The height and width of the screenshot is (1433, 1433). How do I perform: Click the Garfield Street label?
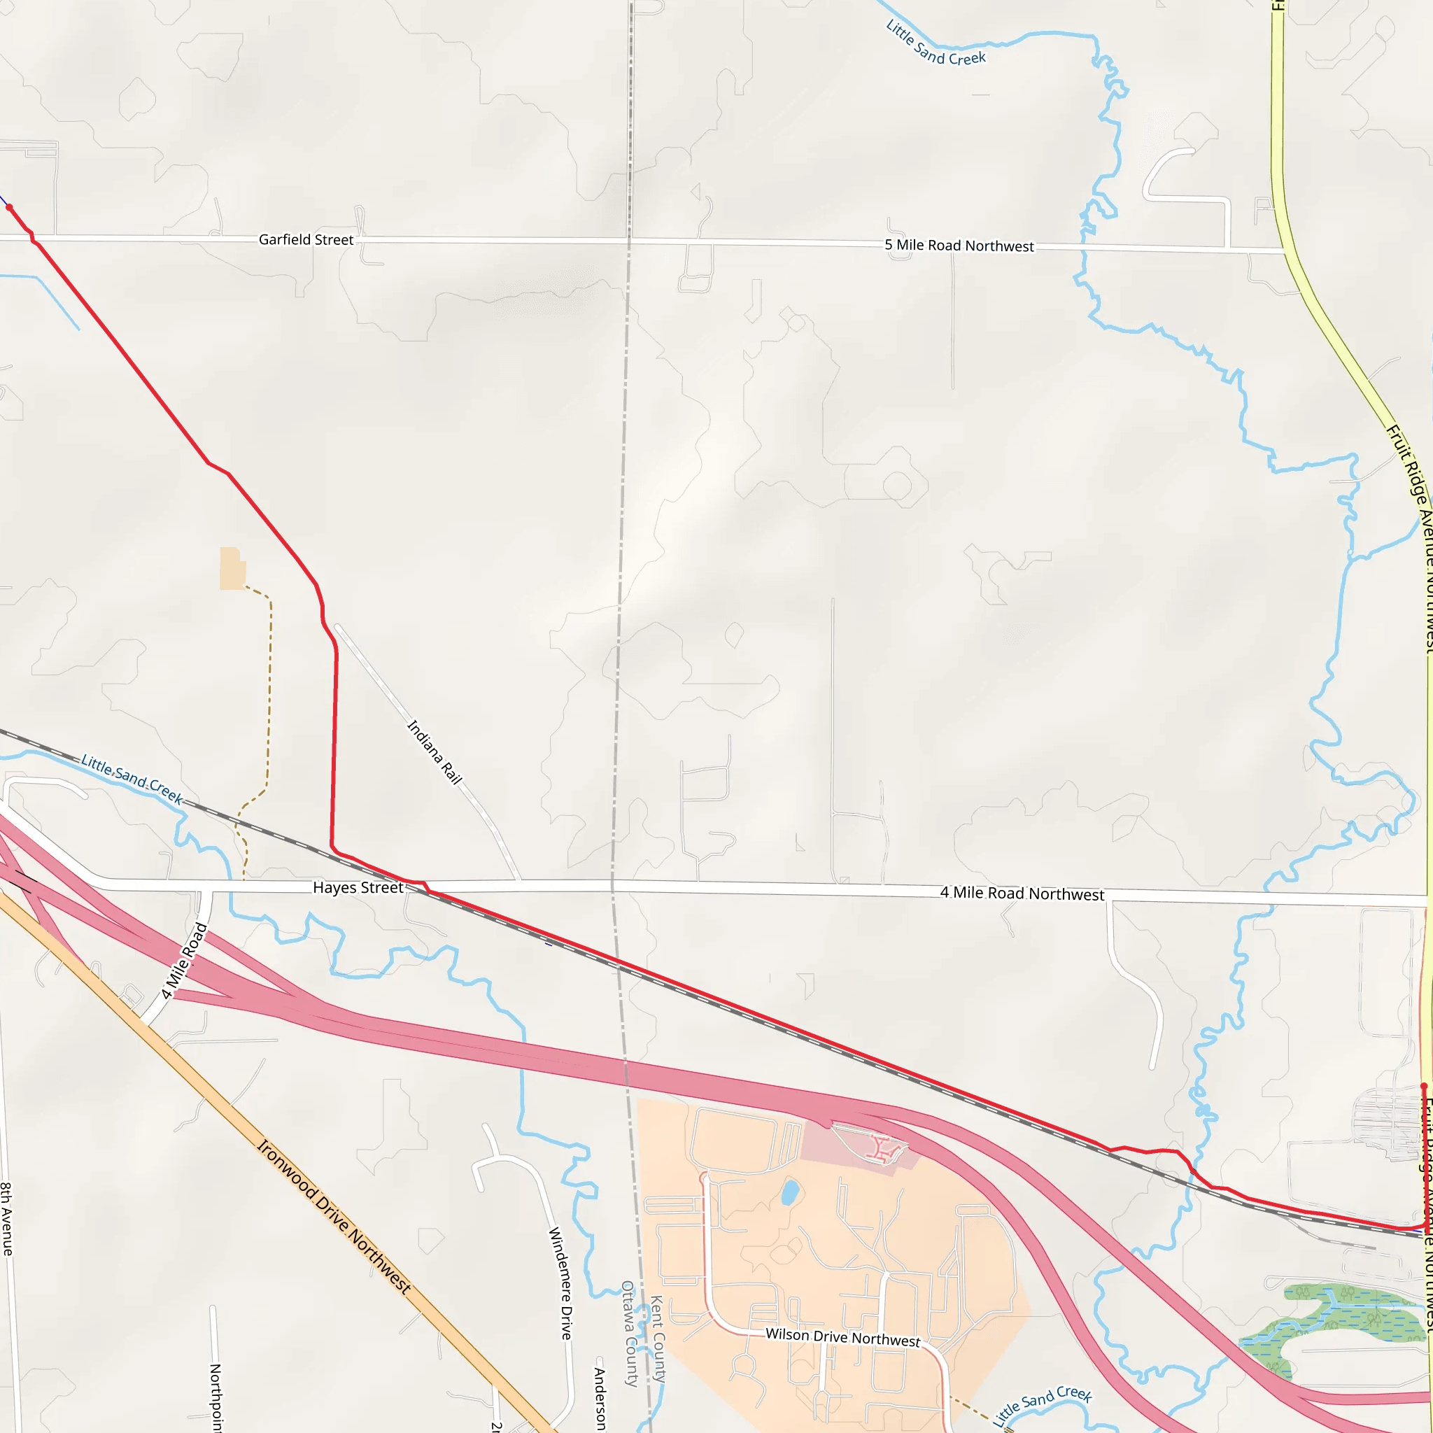[306, 239]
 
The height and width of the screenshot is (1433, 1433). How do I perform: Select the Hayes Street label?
[358, 887]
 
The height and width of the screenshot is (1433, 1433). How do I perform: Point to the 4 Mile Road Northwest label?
[1022, 894]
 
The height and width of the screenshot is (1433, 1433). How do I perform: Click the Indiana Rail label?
[435, 752]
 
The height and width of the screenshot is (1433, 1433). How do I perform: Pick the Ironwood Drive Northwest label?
[334, 1216]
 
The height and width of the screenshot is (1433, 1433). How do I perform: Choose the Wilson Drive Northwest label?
[842, 1336]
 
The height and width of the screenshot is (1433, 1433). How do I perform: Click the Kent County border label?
[657, 1339]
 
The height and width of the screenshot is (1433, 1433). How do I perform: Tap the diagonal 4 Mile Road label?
[184, 961]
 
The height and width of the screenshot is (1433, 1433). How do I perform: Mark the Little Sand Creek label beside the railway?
[132, 779]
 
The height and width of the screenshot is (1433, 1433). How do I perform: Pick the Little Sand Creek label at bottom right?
[1042, 1404]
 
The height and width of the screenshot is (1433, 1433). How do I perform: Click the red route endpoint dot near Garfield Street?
[9, 208]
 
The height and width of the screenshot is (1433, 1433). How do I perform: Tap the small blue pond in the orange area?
[791, 1193]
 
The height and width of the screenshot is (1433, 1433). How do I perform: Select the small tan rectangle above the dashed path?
[232, 568]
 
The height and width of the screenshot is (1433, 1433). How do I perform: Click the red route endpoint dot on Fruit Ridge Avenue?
[1423, 1087]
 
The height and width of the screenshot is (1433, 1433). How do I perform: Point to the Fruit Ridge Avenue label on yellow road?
[1408, 474]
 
